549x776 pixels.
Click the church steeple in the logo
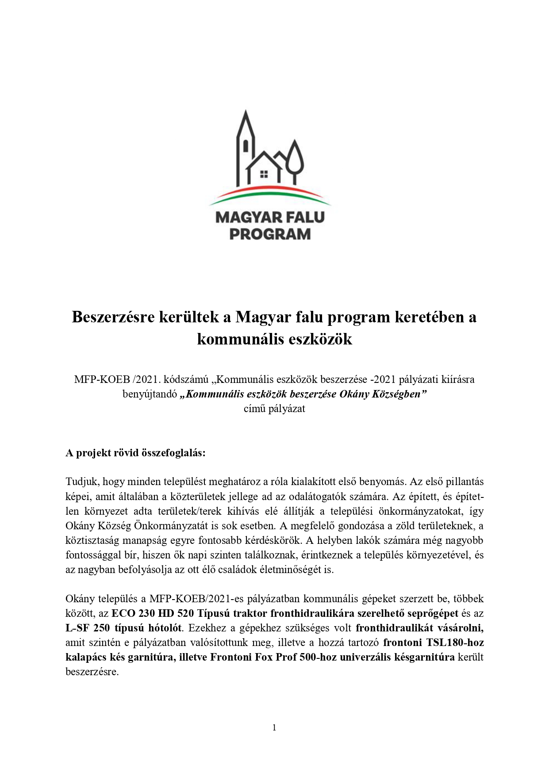[x=246, y=133]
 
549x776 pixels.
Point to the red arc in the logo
[x=270, y=191]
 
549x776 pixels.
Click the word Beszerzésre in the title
[x=108, y=317]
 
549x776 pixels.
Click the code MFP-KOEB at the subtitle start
[x=102, y=379]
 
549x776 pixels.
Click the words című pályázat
[x=274, y=409]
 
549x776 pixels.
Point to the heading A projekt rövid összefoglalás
[x=135, y=453]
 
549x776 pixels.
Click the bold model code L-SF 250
[x=87, y=628]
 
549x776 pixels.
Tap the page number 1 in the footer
[x=274, y=728]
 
